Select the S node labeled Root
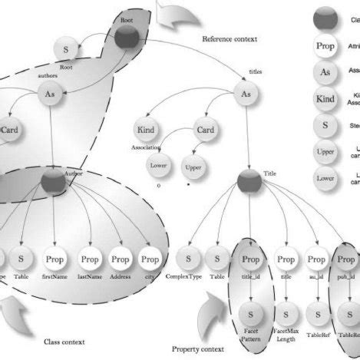66,51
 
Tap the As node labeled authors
51,96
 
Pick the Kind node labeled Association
145,130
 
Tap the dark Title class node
250,183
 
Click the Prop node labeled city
150,259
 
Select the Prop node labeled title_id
251,260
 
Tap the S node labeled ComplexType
187,260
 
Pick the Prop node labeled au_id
315,260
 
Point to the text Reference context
230,38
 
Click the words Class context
63,342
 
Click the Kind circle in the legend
325,99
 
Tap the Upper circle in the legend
325,152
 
